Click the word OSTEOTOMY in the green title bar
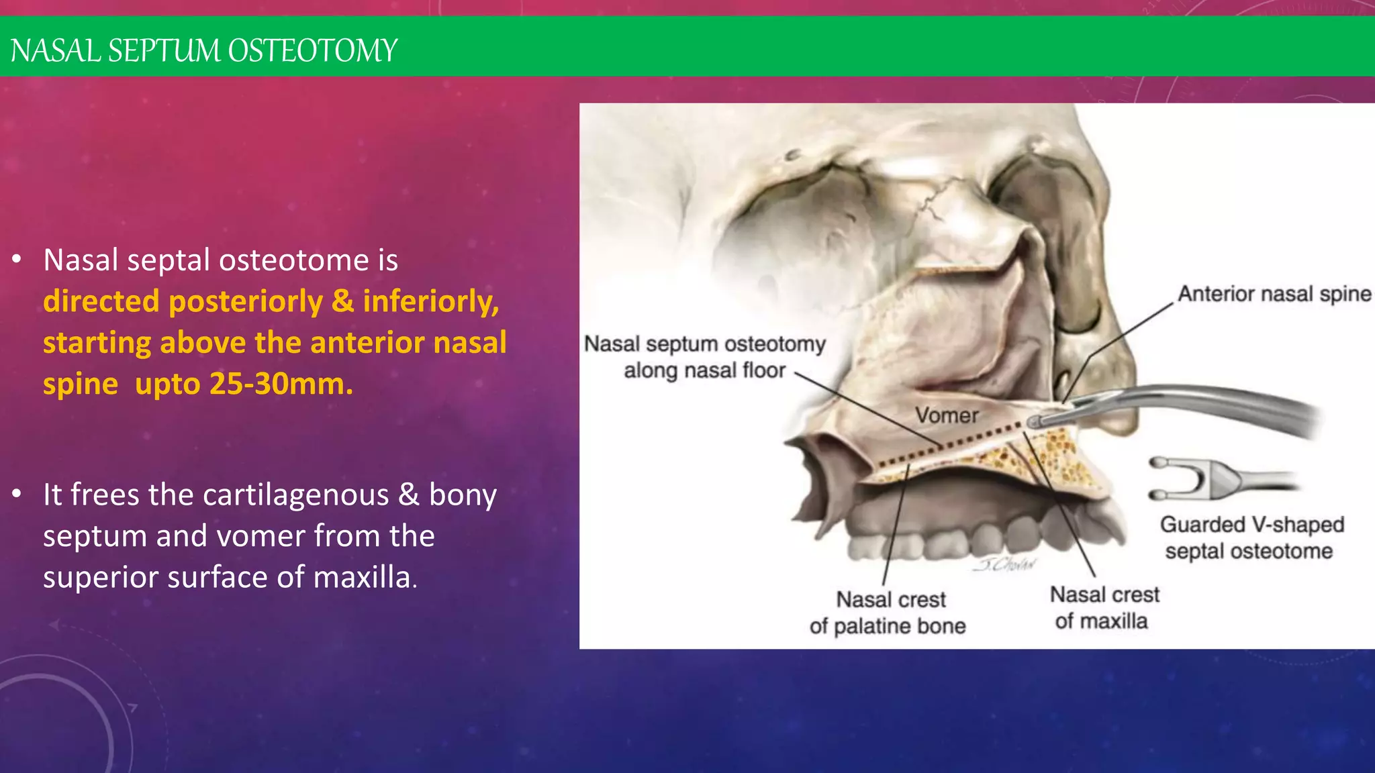pyautogui.click(x=312, y=51)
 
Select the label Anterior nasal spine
pyautogui.click(x=1274, y=294)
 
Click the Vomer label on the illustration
pyautogui.click(x=947, y=415)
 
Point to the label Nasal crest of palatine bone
pyautogui.click(x=888, y=613)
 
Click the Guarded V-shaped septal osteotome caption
pyautogui.click(x=1251, y=537)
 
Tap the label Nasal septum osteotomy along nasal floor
pyautogui.click(x=704, y=357)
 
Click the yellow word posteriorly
pyautogui.click(x=246, y=301)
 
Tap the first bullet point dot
pyautogui.click(x=17, y=260)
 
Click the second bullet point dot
pyautogui.click(x=17, y=495)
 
